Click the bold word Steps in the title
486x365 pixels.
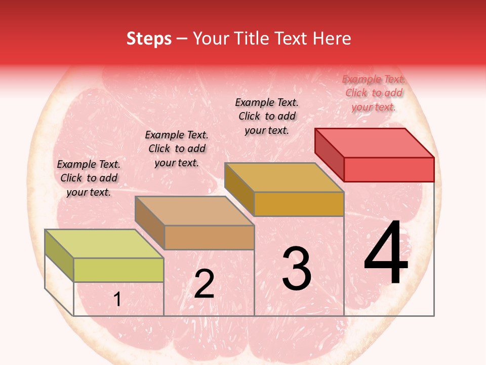point(149,39)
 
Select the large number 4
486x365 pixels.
point(386,253)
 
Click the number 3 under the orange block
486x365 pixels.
point(297,269)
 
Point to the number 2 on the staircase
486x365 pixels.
point(204,284)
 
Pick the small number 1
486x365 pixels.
point(117,300)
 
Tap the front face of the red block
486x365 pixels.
point(389,169)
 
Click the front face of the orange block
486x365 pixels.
point(299,204)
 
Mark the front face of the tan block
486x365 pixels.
point(209,237)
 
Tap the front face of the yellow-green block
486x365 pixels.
point(118,270)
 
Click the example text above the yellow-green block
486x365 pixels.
point(89,178)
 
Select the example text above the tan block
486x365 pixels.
point(177,149)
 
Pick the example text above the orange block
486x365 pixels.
point(267,116)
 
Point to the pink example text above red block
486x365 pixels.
point(374,93)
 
